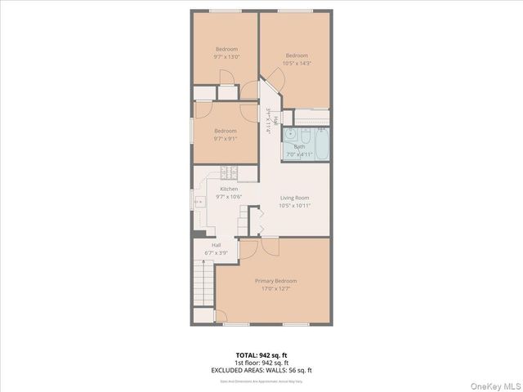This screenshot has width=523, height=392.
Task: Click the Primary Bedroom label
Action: [274, 280]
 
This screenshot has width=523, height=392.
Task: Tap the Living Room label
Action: [294, 198]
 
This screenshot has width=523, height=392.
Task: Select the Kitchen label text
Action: [228, 189]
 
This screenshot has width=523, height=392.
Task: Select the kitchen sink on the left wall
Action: [198, 201]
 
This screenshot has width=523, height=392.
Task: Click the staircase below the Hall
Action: [203, 285]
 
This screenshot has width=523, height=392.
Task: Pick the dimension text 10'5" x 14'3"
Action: [296, 63]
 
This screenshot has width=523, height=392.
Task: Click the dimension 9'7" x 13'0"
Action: [226, 56]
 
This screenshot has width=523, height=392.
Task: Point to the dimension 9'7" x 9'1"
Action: [226, 138]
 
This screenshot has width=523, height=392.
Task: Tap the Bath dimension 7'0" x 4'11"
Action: [299, 154]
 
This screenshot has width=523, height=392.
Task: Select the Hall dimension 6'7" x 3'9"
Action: [216, 252]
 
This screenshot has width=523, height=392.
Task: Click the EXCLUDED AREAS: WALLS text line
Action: [261, 370]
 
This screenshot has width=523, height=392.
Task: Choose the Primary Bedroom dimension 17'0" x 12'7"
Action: [274, 287]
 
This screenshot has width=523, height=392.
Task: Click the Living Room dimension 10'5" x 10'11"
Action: [294, 205]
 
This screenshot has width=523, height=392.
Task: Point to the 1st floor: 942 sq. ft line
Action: [261, 362]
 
